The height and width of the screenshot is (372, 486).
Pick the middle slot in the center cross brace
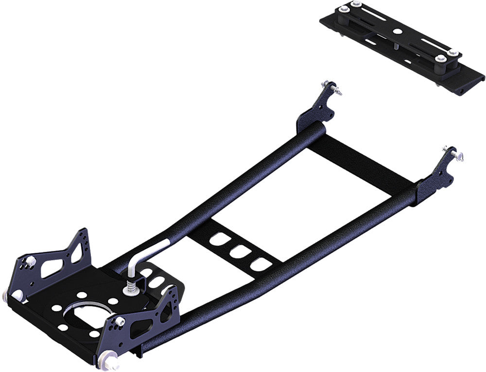point(239,252)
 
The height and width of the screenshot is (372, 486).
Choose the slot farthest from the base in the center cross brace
point(219,240)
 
